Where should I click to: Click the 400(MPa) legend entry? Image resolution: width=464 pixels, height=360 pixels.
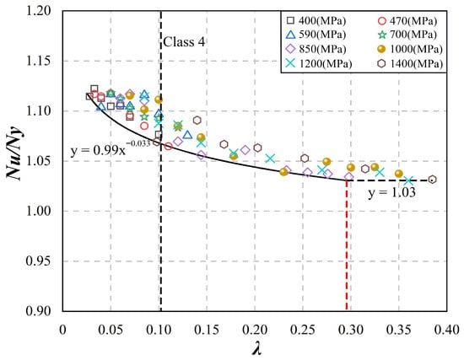click(316, 21)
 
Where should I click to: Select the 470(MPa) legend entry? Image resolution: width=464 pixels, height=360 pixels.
click(407, 21)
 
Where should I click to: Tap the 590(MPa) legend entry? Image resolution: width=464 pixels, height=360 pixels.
click(316, 35)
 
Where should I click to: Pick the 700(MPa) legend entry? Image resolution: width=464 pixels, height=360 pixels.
click(407, 35)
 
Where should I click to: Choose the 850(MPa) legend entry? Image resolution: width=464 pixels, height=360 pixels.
click(316, 49)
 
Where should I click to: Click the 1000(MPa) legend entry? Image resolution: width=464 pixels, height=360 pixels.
click(411, 49)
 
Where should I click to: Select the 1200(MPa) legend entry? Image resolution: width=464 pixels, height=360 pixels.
click(319, 63)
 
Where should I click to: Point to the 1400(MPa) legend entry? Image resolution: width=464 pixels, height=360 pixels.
click(411, 63)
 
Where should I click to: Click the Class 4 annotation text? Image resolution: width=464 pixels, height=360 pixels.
click(184, 42)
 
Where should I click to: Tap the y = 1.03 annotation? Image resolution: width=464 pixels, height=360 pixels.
click(391, 193)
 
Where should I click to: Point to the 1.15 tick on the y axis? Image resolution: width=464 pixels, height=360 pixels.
click(39, 62)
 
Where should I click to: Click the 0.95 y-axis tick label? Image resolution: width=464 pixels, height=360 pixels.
click(39, 261)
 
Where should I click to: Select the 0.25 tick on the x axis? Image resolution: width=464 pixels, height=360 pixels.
click(303, 330)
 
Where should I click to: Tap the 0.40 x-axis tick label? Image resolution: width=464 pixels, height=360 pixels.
click(447, 330)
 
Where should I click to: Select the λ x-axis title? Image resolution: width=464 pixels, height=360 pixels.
click(256, 349)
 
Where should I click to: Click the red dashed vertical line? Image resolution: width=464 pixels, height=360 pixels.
click(347, 245)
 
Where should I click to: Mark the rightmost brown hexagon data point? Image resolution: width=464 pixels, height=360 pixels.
click(432, 180)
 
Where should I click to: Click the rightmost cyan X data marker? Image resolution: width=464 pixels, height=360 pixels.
click(408, 180)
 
